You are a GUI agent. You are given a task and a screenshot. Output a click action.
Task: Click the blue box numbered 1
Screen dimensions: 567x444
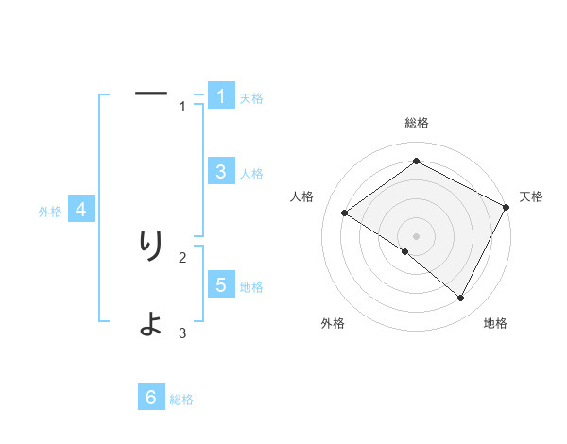pos(221,95)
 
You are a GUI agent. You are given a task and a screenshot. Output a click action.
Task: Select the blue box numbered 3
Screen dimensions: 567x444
pos(221,171)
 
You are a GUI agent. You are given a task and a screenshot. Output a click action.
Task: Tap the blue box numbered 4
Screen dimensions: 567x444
pos(81,210)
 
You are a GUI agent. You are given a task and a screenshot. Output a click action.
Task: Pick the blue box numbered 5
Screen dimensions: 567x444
pos(221,284)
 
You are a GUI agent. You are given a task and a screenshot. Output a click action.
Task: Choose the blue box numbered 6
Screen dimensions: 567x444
pos(151,398)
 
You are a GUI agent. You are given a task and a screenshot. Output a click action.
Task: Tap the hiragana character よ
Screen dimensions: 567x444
pos(151,324)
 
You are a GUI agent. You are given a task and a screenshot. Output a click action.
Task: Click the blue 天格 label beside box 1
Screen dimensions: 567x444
pos(251,98)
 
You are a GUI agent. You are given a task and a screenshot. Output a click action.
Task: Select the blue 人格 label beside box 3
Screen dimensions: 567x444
pos(251,174)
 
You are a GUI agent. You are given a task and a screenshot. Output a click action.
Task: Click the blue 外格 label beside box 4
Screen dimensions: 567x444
pos(50,212)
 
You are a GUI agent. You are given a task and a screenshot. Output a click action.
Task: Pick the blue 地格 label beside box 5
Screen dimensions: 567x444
pos(251,287)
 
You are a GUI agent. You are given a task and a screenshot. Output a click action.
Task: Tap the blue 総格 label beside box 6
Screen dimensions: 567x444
pos(181,401)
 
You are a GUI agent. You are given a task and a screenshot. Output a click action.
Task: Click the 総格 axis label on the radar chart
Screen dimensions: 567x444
pos(417,123)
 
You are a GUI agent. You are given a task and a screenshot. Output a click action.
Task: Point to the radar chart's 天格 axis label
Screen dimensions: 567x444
pos(531,196)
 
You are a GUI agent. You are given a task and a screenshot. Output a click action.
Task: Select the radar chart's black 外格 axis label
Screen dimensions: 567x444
pos(333,323)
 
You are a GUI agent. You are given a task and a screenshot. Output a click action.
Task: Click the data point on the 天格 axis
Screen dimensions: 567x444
pos(507,207)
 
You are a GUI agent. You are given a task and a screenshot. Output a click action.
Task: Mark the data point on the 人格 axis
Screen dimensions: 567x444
pos(345,213)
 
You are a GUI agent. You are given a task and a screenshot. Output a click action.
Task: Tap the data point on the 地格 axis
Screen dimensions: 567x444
pos(461,299)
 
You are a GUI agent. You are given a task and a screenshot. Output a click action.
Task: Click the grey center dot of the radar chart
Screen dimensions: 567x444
pos(416,235)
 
